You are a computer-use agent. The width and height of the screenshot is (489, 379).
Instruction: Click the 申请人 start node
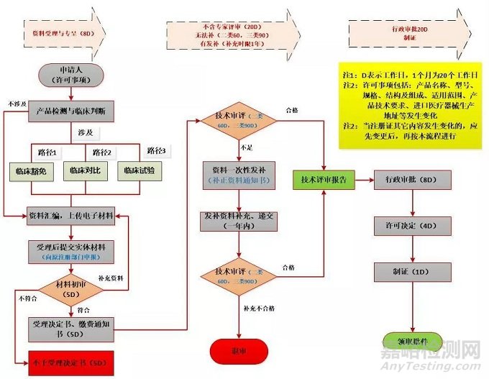coord(72,75)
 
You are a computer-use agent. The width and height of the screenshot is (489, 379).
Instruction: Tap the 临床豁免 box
coord(32,170)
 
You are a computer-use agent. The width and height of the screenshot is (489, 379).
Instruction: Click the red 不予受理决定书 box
coord(70,361)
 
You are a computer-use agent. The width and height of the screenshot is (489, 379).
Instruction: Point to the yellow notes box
coord(408,105)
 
